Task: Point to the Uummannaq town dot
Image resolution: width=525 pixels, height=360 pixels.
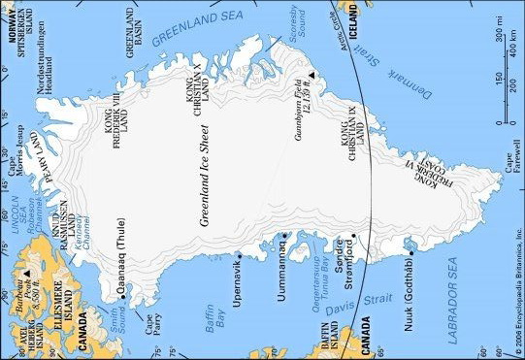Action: click(x=282, y=235)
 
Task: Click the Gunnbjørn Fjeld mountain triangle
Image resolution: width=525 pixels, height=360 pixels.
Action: click(x=312, y=75)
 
